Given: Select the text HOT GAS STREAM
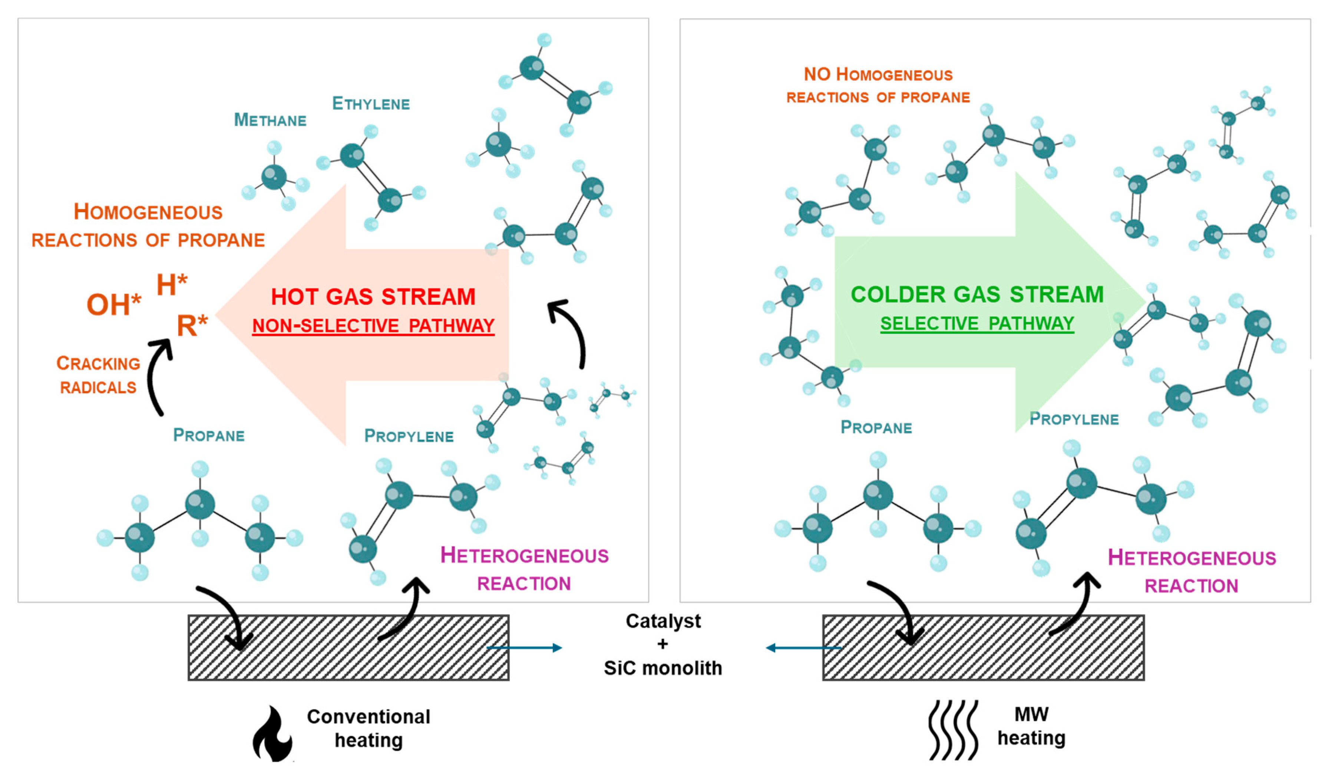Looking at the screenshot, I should click(x=373, y=297).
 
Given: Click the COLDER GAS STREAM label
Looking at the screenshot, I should click(x=977, y=294).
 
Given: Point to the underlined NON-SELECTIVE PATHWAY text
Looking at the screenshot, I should click(x=373, y=326).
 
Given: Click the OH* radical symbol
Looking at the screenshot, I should click(x=113, y=305).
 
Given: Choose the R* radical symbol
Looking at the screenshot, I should click(x=192, y=325).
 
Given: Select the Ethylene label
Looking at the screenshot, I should click(x=371, y=103).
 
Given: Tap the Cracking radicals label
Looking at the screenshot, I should click(x=98, y=375).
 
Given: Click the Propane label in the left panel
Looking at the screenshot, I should click(x=209, y=435).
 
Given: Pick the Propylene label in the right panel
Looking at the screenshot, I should click(x=1073, y=419).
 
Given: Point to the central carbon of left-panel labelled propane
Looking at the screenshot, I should click(x=200, y=504).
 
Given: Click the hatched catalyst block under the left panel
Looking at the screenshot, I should click(x=348, y=648).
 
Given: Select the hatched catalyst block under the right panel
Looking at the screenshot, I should click(x=983, y=648).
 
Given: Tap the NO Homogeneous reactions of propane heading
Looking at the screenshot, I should click(x=878, y=85).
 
